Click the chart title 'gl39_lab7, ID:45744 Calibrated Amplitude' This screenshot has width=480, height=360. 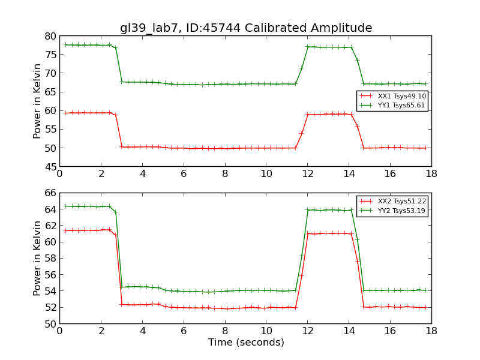246,28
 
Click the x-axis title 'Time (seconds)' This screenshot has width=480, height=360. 246,343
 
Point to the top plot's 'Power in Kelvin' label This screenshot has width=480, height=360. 38,101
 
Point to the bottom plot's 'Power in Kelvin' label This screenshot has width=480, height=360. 38,258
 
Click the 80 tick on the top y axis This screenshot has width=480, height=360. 49,36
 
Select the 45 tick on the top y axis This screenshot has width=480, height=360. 49,166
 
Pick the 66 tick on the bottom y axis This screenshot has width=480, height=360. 49,193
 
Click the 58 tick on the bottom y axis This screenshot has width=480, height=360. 49,259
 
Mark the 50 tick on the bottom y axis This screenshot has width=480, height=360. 49,323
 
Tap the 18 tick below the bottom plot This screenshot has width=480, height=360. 431,331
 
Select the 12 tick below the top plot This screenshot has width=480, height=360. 307,173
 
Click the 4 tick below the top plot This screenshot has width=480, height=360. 142,173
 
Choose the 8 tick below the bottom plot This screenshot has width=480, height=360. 225,331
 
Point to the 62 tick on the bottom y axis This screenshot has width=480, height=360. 49,226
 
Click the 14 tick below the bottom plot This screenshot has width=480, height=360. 349,331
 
